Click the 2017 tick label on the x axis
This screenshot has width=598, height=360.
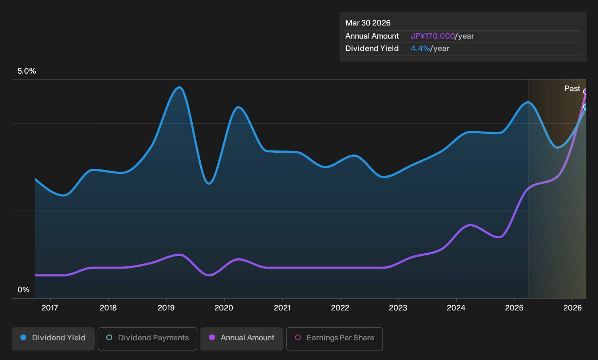50,308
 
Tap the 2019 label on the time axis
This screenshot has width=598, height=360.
166,308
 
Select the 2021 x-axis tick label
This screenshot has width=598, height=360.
282,308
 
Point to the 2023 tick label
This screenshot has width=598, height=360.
398,308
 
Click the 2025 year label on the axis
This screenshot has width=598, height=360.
515,308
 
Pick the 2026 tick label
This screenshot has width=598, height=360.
573,308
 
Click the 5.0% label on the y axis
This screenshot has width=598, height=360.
27,71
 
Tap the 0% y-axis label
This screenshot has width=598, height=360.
24,290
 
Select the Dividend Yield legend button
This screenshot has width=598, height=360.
53,339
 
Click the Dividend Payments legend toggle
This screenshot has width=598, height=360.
147,339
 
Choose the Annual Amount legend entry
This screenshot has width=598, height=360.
241,339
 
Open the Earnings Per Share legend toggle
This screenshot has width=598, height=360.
334,339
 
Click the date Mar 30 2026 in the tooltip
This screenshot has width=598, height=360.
367,23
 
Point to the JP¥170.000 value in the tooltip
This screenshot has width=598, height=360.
433,36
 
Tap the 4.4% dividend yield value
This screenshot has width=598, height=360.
420,48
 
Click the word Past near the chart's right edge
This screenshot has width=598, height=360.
572,89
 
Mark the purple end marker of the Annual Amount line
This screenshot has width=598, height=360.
586,91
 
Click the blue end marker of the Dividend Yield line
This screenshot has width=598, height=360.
586,107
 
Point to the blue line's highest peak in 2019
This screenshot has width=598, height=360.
180,87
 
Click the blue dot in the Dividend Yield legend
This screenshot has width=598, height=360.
24,337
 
